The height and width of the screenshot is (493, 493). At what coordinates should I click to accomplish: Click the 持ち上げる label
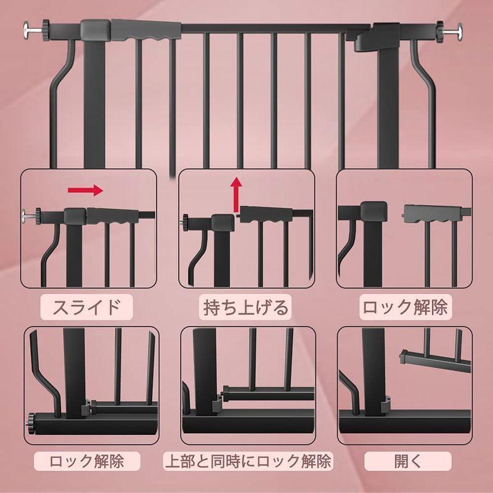246,306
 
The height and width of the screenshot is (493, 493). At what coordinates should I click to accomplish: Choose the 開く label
407,461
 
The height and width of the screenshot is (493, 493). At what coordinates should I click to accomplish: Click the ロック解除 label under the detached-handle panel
404,306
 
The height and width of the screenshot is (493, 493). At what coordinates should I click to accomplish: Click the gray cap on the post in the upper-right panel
372,211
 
